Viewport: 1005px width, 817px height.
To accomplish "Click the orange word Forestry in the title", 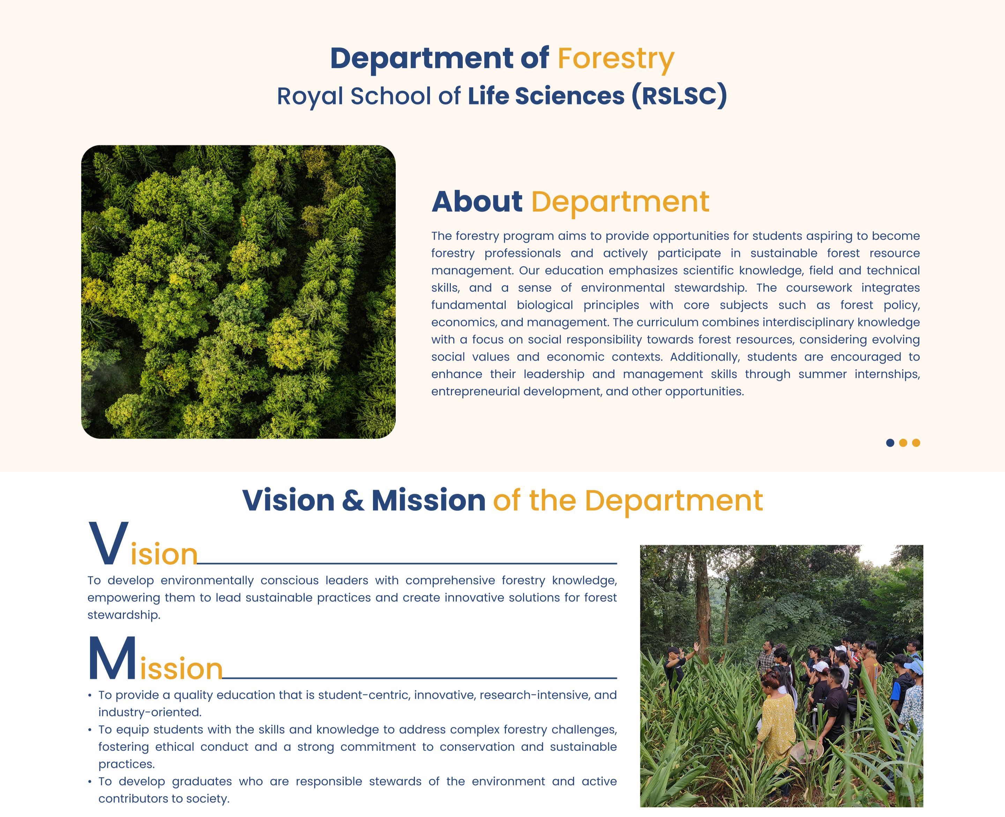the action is pyautogui.click(x=616, y=59).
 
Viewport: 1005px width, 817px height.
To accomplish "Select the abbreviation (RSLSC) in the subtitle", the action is pyautogui.click(x=679, y=96).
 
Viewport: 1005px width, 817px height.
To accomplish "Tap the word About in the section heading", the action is pyautogui.click(x=477, y=202).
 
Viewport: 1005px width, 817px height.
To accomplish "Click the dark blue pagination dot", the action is pyautogui.click(x=890, y=443).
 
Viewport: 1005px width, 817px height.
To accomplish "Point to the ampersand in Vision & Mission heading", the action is pyautogui.click(x=353, y=500).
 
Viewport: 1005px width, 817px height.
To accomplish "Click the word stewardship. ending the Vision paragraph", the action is pyautogui.click(x=124, y=615).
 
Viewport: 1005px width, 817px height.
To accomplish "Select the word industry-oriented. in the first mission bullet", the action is pyautogui.click(x=150, y=713).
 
